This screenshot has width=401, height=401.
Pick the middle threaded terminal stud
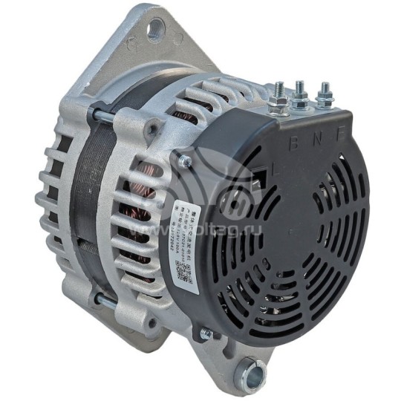point(301,94)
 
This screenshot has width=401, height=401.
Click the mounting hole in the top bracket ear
point(154,29)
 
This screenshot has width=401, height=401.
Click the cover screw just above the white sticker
point(184,161)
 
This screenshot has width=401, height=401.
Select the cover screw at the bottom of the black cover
point(206,334)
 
